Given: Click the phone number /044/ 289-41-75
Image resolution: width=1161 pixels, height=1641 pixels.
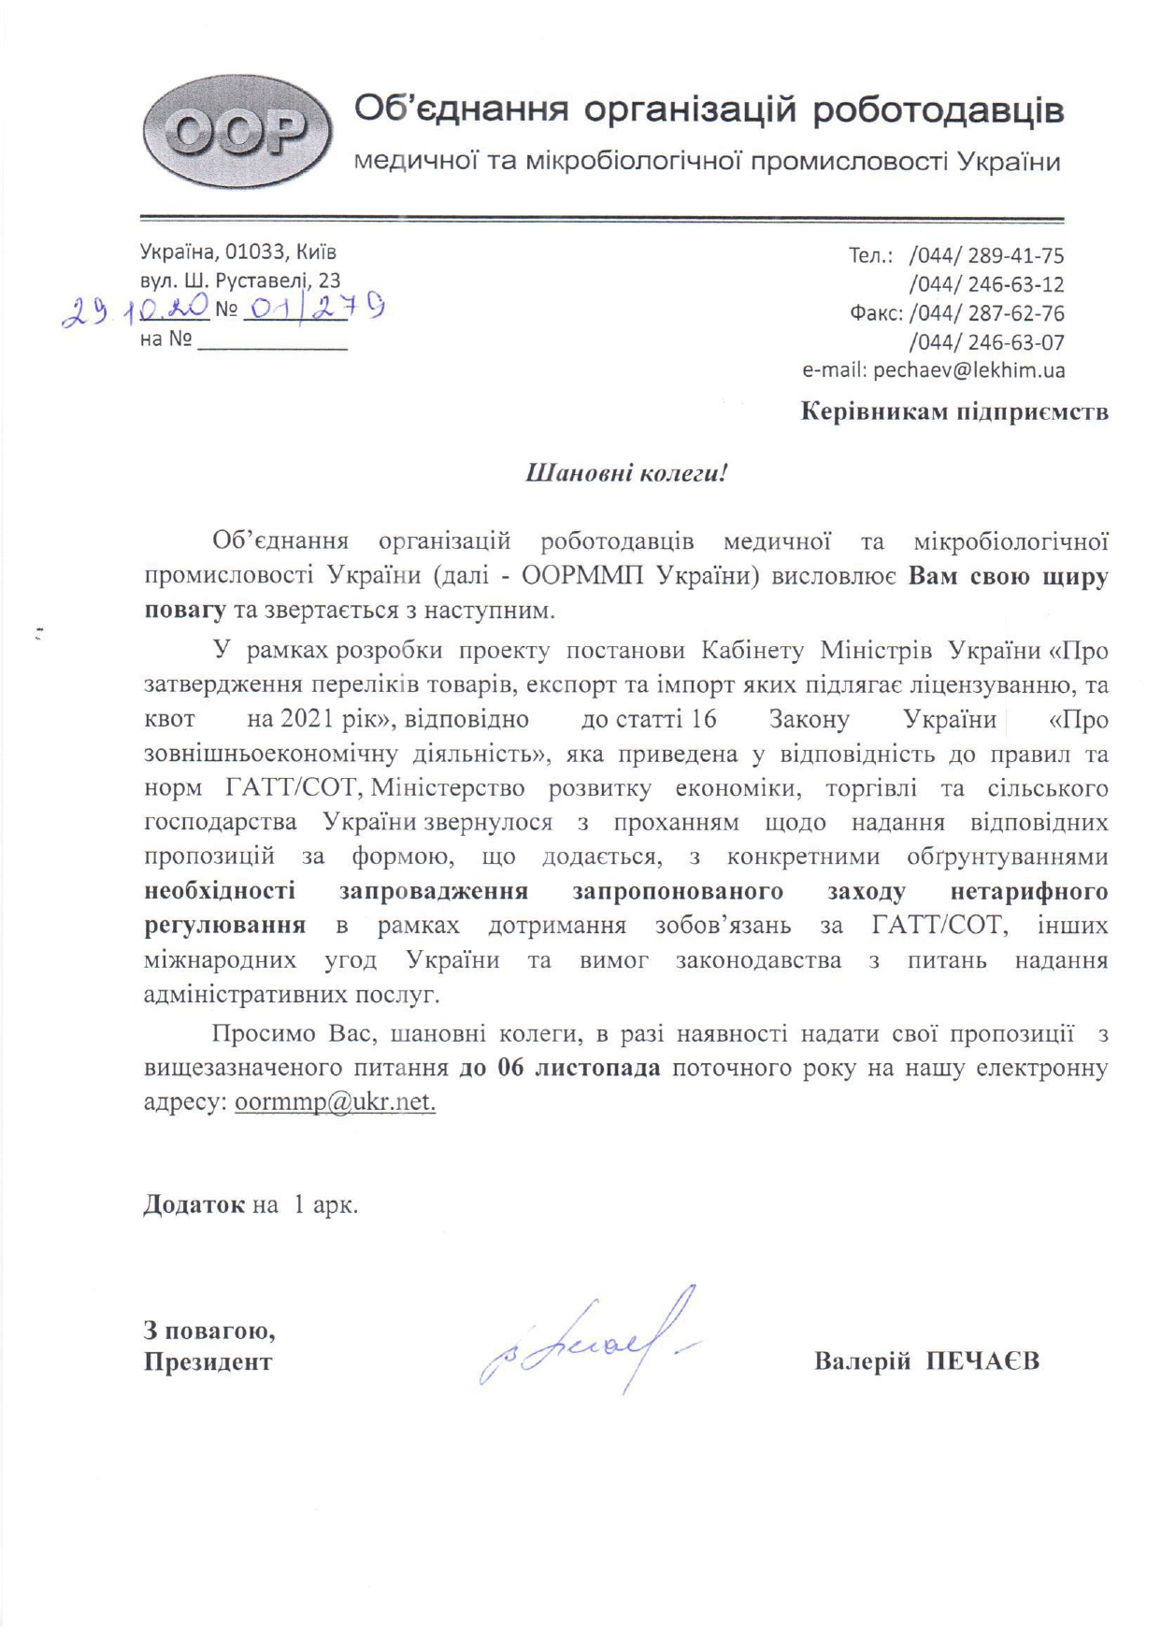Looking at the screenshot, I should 986,255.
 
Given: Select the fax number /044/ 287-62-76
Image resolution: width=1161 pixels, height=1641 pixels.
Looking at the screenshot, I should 986,313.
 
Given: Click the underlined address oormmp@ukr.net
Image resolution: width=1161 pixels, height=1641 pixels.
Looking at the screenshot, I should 335,1101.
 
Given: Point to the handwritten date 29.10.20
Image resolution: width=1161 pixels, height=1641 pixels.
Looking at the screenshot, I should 135,311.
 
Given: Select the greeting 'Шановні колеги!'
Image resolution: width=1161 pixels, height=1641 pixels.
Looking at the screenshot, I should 626,472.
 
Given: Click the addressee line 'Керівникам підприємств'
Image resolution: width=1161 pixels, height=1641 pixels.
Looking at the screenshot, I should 954,411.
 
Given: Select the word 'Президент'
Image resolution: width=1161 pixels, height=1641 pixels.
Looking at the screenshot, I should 208,1361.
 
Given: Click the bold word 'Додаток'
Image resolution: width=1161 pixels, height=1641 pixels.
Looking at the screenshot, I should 194,1204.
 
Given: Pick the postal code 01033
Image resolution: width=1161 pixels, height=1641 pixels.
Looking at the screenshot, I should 255,252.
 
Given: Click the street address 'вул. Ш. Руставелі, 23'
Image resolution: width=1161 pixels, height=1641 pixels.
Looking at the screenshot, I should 240,281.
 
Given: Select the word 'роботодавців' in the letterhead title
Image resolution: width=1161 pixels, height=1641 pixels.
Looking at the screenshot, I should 938,110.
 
